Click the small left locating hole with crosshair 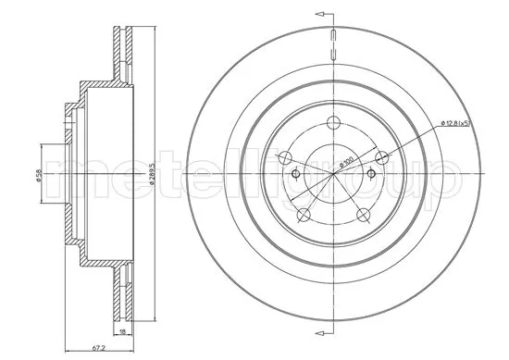coord(294,174)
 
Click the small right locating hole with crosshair coord(369,174)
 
